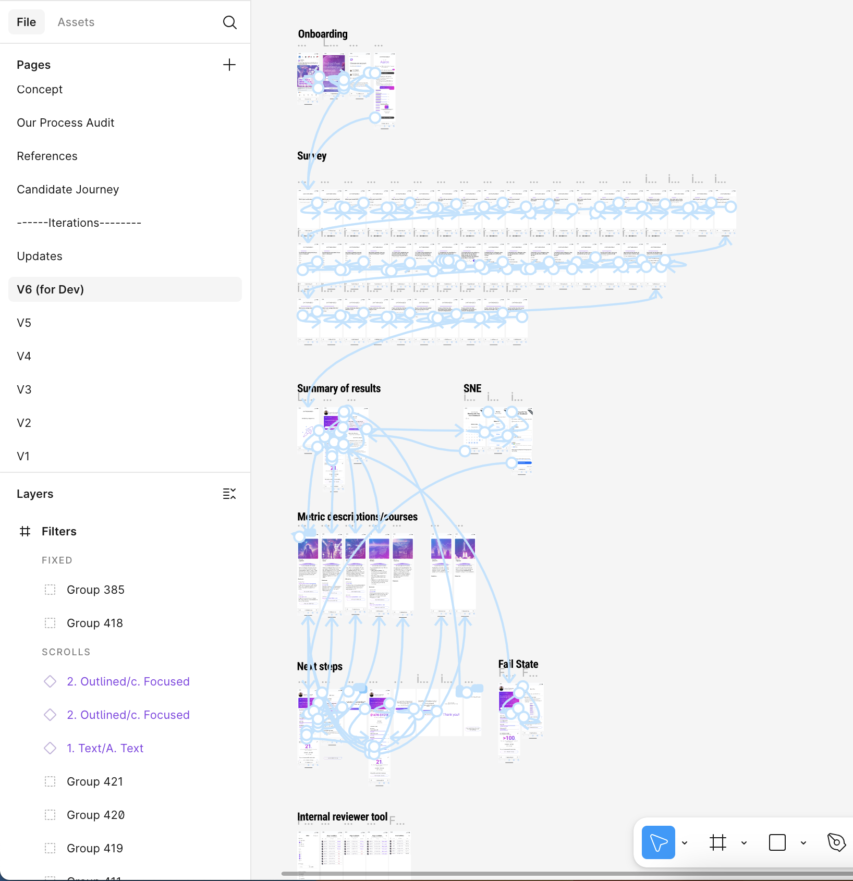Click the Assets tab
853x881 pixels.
pos(76,22)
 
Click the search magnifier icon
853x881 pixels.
pos(229,22)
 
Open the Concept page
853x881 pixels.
pos(40,90)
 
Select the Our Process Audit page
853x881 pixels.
pos(66,123)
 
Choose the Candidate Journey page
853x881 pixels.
pos(68,190)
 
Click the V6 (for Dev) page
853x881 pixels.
pos(51,290)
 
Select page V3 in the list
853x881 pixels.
pos(24,390)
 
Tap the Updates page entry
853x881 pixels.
pos(40,256)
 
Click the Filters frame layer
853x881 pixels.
pos(59,532)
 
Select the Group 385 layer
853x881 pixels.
pos(95,590)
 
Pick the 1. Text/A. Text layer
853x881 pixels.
pos(105,749)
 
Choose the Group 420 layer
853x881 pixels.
pos(95,815)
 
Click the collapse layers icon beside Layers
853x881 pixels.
pos(229,494)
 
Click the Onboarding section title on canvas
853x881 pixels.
pos(323,34)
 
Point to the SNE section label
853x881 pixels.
pos(472,389)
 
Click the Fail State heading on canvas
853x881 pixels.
pos(518,665)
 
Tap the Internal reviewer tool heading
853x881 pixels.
pos(342,817)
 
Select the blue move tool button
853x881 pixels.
pos(658,842)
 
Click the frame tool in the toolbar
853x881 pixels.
pos(718,842)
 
